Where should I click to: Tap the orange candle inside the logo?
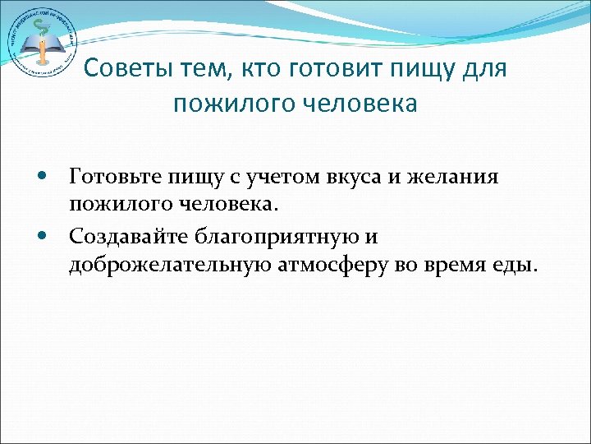(38, 49)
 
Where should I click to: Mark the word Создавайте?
(130, 237)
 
